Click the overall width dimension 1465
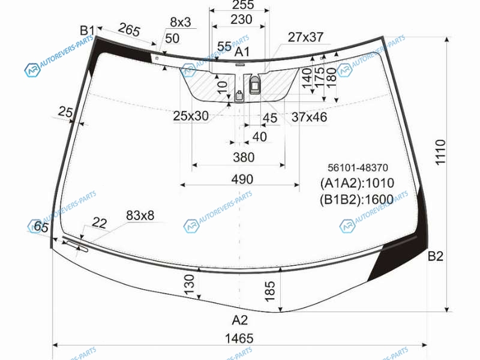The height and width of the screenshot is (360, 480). pyautogui.click(x=239, y=338)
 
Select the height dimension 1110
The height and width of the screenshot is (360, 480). pyautogui.click(x=440, y=152)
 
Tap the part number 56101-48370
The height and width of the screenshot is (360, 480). pyautogui.click(x=358, y=167)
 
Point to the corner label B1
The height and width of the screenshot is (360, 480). pyautogui.click(x=87, y=31)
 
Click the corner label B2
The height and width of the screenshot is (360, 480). pyautogui.click(x=436, y=256)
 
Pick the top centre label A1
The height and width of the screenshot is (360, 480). pyautogui.click(x=242, y=52)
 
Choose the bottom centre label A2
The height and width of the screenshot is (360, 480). pyautogui.click(x=239, y=320)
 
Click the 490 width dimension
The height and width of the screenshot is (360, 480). pyautogui.click(x=242, y=179)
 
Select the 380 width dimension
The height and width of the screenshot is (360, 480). pyautogui.click(x=244, y=157)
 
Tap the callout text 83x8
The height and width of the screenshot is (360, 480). pyautogui.click(x=140, y=215)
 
